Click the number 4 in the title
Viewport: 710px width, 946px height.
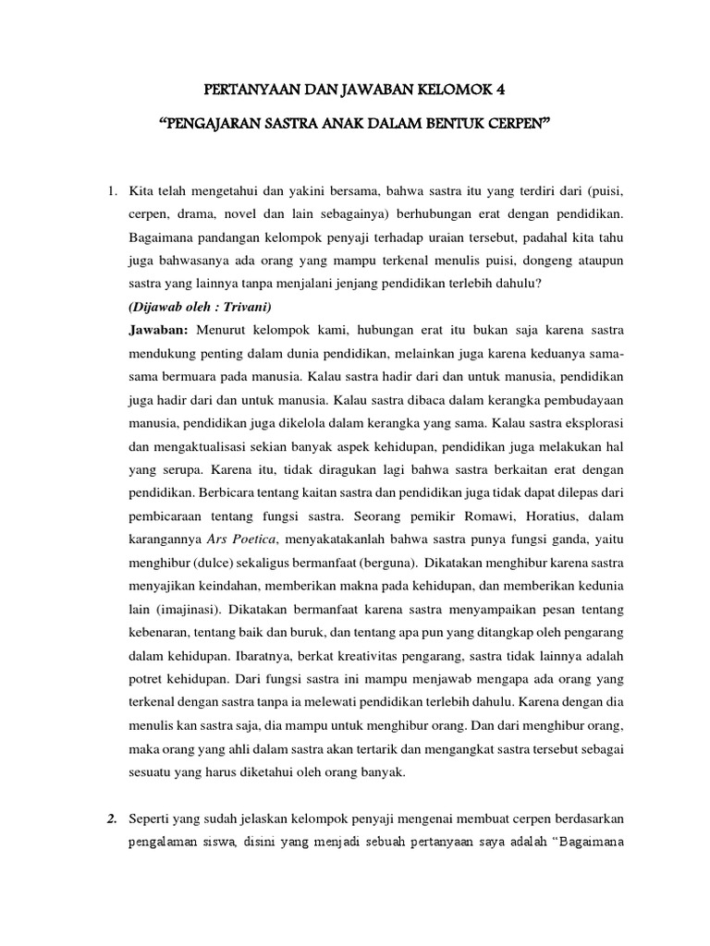503,91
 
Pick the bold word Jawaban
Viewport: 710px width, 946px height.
158,355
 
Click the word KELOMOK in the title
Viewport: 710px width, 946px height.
455,91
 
